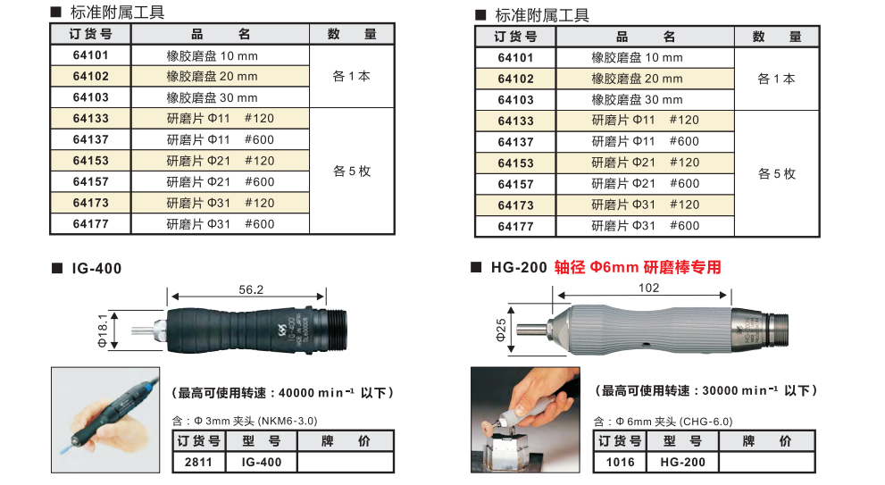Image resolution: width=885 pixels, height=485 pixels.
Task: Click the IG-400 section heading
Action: (x=92, y=269)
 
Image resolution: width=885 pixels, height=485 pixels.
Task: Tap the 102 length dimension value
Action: (x=649, y=288)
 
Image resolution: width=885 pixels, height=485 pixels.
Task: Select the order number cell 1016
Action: (x=620, y=462)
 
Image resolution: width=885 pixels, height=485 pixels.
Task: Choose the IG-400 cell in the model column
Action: (x=262, y=462)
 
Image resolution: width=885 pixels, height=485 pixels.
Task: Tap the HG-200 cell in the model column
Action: (x=682, y=462)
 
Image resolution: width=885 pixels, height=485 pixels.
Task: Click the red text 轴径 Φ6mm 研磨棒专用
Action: (x=638, y=267)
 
